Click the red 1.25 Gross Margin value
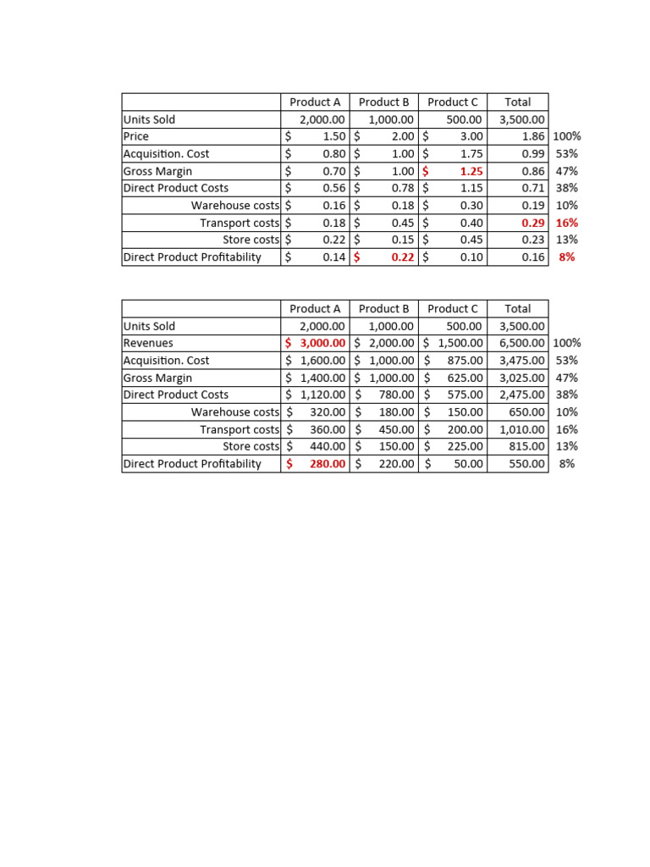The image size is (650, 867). click(x=470, y=171)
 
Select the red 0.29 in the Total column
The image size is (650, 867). click(x=532, y=223)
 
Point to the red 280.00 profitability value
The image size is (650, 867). click(x=328, y=464)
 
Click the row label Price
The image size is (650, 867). click(x=136, y=136)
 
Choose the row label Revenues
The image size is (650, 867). click(x=148, y=343)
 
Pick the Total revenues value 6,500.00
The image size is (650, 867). click(x=522, y=343)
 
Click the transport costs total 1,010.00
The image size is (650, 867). click(x=522, y=429)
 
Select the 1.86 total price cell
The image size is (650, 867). click(x=532, y=136)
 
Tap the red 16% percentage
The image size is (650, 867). click(x=567, y=223)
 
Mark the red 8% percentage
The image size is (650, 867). click(x=567, y=257)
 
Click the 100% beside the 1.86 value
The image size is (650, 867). click(x=567, y=136)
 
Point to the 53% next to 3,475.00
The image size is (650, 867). click(x=567, y=361)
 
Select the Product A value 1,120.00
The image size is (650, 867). click(x=322, y=395)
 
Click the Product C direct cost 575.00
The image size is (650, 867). click(x=465, y=395)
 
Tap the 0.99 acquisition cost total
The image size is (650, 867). click(x=532, y=154)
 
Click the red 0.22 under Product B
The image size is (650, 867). click(x=402, y=257)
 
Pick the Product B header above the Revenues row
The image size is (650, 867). click(x=383, y=309)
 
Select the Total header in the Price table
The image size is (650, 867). click(x=518, y=102)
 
